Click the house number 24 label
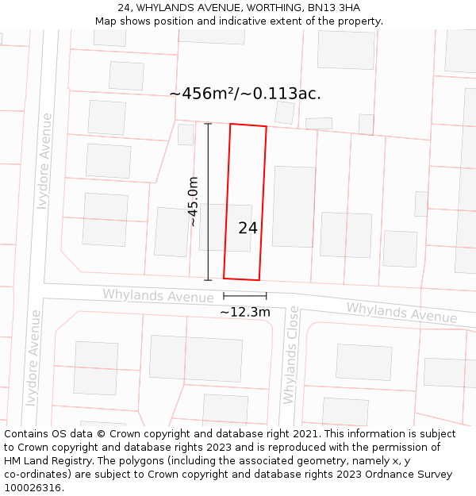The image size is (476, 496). click(248, 228)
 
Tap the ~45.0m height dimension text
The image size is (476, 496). click(193, 202)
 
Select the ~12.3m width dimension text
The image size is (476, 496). click(245, 312)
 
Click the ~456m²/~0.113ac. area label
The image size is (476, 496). click(245, 94)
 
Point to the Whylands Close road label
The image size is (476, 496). click(291, 355)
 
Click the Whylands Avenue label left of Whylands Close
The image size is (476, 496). click(158, 295)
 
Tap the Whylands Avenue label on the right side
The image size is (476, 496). click(401, 312)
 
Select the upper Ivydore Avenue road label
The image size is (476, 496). click(45, 161)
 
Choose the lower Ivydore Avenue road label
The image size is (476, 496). click(33, 358)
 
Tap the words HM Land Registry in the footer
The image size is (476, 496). click(45, 460)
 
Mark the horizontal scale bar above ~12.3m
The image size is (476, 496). click(244, 295)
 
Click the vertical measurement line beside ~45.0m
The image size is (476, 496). click(209, 202)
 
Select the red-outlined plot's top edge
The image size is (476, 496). click(248, 125)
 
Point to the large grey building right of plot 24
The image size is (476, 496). click(294, 206)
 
